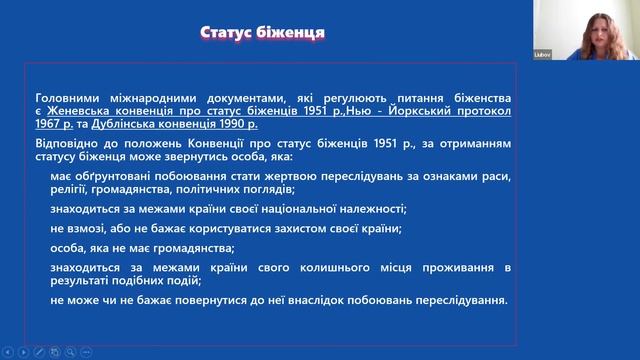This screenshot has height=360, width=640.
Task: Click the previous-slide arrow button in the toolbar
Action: [7, 351]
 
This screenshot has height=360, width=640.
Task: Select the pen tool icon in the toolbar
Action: [39, 351]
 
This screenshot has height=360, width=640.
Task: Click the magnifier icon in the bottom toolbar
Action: [71, 351]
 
